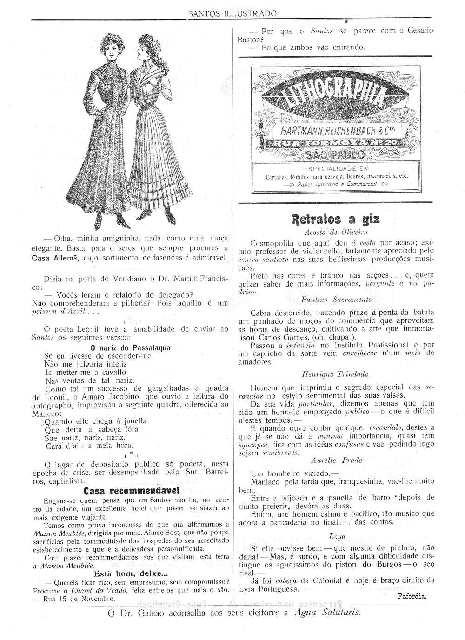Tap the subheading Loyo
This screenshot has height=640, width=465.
click(x=336, y=536)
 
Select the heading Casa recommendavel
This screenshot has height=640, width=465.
click(x=131, y=491)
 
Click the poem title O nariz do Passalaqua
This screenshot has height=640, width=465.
click(x=131, y=347)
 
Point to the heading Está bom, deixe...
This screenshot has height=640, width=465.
click(x=131, y=573)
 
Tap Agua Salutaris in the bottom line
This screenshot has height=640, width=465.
click(x=328, y=613)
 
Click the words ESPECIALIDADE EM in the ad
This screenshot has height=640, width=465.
click(x=335, y=169)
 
